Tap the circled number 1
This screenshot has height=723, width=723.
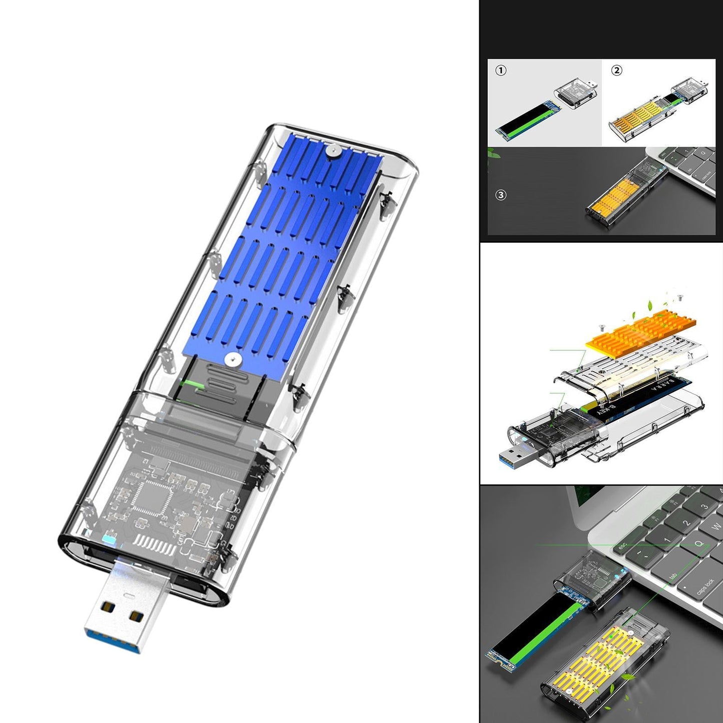[501, 71]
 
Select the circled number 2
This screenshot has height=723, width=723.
[616, 71]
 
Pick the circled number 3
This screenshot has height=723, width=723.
[501, 195]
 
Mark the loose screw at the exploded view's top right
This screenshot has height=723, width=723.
[679, 298]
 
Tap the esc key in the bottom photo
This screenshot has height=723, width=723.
[623, 546]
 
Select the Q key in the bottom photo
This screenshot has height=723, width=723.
[698, 543]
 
